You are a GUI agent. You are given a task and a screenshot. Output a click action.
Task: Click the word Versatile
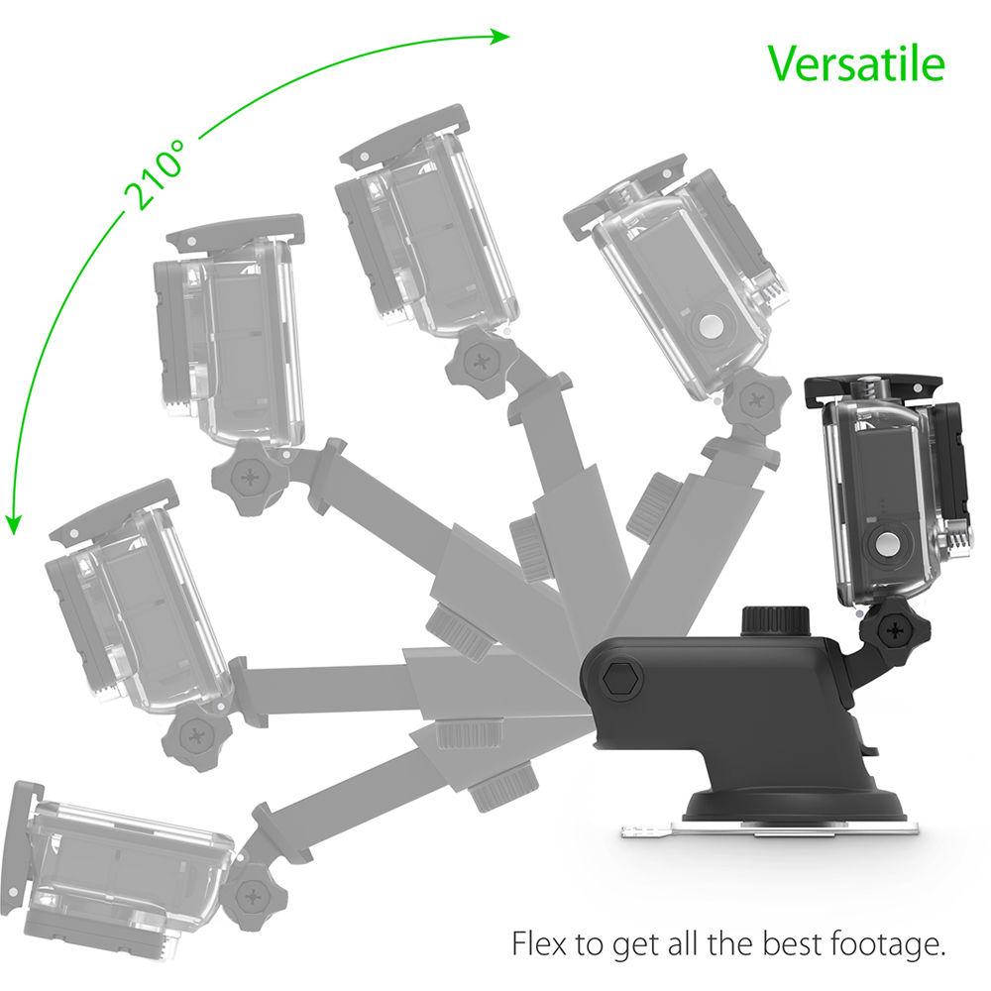(856, 63)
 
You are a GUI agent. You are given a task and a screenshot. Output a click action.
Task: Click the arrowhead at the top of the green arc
(501, 37)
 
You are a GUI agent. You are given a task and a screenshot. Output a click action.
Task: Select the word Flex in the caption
(537, 942)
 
